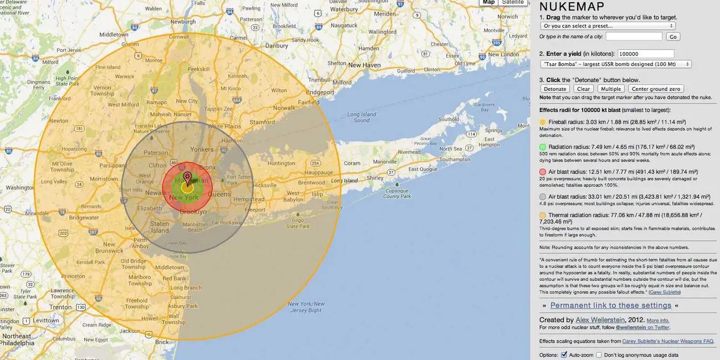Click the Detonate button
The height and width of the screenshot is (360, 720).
tap(555, 89)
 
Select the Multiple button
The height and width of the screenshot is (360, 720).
tap(611, 89)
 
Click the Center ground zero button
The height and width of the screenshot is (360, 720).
tap(656, 89)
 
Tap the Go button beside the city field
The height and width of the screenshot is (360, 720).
tap(673, 37)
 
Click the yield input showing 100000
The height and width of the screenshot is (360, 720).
tap(646, 54)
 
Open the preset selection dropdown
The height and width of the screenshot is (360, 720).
tap(608, 25)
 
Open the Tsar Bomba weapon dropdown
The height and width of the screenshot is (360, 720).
tap(615, 64)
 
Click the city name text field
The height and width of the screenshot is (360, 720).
tap(634, 37)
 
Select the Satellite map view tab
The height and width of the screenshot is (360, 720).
tap(512, 2)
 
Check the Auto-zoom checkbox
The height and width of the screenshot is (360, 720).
tap(564, 354)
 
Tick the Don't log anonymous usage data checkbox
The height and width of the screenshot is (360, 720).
tap(599, 354)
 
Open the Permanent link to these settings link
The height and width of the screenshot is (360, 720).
tap(610, 305)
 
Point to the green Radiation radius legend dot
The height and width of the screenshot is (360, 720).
tap(543, 147)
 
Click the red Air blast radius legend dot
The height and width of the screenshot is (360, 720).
tap(543, 172)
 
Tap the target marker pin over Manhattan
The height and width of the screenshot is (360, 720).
tap(187, 178)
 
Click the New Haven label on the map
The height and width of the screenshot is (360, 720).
tap(364, 65)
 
